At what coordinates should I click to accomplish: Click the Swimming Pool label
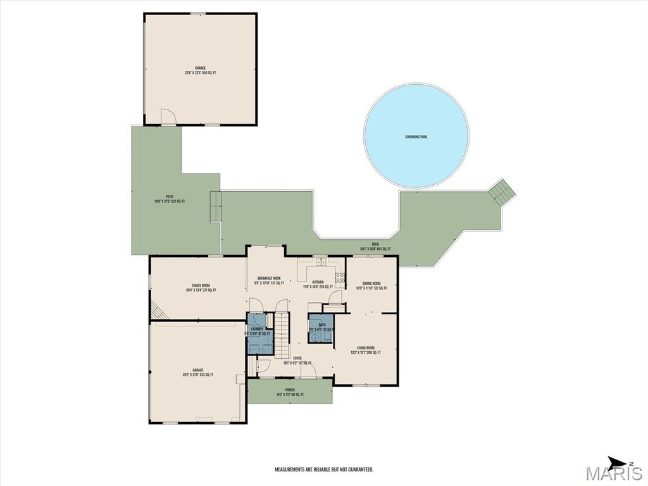click(x=416, y=137)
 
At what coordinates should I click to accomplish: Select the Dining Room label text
click(x=371, y=285)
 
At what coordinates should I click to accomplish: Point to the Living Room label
click(x=366, y=350)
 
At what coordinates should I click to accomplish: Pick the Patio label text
click(x=170, y=199)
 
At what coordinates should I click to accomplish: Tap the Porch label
click(x=290, y=392)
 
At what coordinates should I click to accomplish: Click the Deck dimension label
click(x=375, y=249)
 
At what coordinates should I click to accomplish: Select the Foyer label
click(x=297, y=360)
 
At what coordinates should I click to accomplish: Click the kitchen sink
click(x=321, y=261)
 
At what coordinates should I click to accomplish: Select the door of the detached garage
click(x=168, y=117)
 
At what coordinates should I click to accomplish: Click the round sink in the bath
click(x=313, y=339)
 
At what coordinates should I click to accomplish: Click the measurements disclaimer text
click(x=323, y=470)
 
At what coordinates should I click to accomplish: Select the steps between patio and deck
click(x=216, y=206)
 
